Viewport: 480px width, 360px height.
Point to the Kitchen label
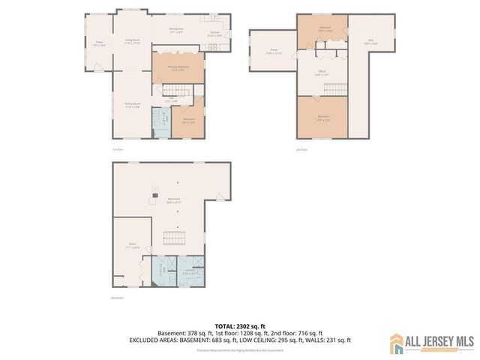point(214,34)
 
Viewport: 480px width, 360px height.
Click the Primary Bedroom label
point(177,68)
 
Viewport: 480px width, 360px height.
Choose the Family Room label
point(133,106)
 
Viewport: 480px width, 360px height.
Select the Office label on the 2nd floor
point(322,73)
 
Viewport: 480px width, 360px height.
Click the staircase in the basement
point(175,239)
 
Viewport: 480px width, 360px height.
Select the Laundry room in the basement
point(192,274)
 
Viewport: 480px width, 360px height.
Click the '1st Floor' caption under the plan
point(118,150)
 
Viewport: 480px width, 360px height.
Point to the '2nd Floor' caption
point(302,150)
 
